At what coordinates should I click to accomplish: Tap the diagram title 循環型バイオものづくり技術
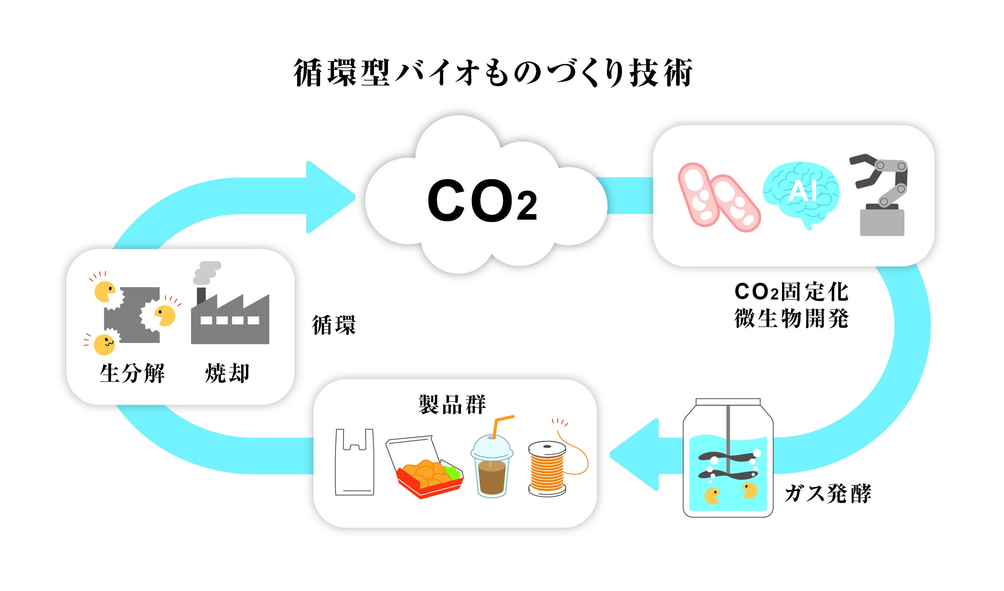pyautogui.click(x=493, y=73)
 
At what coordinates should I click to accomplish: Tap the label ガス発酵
pyautogui.click(x=828, y=494)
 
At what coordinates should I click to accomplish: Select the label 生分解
pyautogui.click(x=132, y=374)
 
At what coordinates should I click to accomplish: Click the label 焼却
pyautogui.click(x=227, y=374)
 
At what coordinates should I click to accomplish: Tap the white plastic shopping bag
pyautogui.click(x=354, y=463)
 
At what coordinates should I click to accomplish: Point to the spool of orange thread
pyautogui.click(x=547, y=469)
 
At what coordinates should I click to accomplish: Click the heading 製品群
pyautogui.click(x=452, y=404)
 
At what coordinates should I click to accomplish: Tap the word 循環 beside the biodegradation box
pyautogui.click(x=334, y=325)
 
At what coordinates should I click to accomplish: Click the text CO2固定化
pyautogui.click(x=791, y=292)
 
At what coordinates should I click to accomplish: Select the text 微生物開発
pyautogui.click(x=791, y=319)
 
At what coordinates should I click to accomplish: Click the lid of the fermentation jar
pyautogui.click(x=728, y=402)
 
